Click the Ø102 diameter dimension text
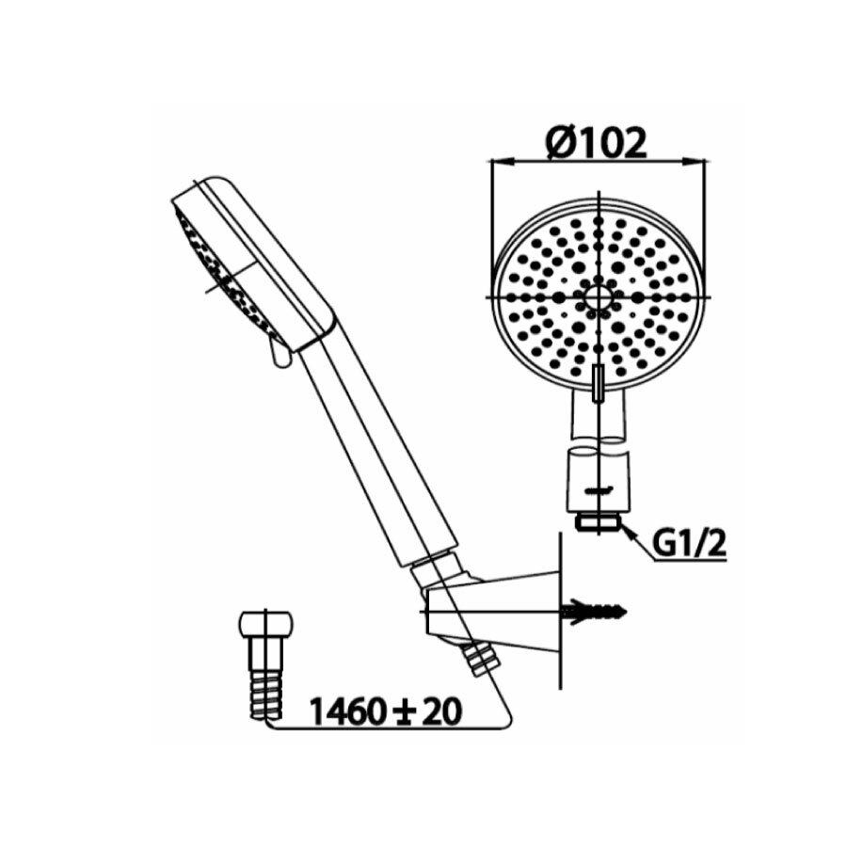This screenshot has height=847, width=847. coord(597,143)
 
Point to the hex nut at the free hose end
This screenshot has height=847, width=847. coord(266,625)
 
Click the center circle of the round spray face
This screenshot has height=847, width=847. coord(598,296)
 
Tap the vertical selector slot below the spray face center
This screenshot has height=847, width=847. coord(598,385)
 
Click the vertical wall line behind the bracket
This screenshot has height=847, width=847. coord(560,612)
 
